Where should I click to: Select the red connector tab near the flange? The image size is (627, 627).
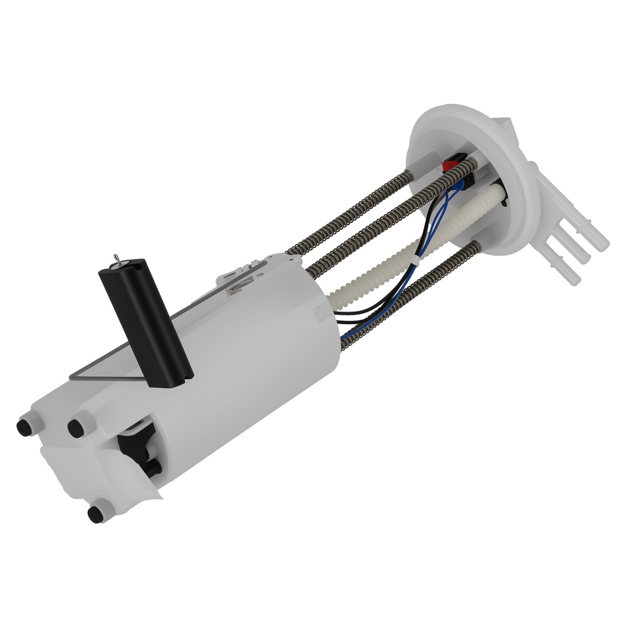click(450, 166)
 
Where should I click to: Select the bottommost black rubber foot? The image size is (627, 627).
click(95, 514)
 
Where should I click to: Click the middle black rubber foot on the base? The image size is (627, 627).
click(75, 428)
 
